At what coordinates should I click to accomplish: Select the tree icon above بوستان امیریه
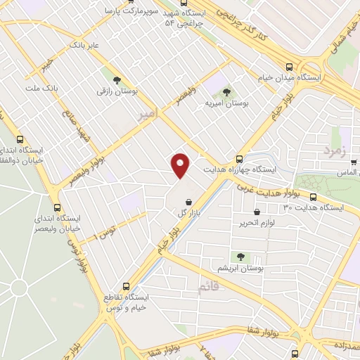click(226, 92)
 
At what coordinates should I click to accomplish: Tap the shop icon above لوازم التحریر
click(257, 212)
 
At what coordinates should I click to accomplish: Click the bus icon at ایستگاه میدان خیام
click(289, 67)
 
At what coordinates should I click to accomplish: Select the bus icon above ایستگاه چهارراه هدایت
click(240, 159)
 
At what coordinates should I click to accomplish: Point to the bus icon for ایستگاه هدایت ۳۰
click(313, 197)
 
